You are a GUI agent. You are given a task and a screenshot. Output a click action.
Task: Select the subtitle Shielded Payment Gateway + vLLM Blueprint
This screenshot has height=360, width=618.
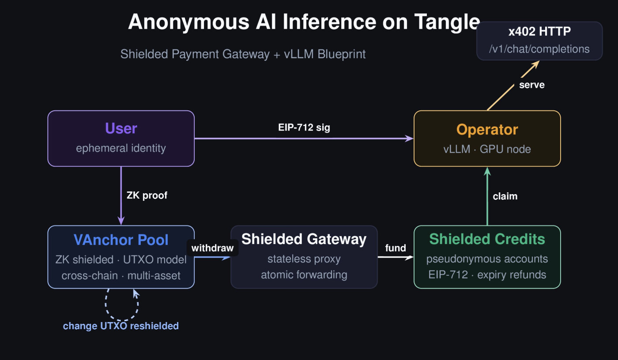tap(243, 54)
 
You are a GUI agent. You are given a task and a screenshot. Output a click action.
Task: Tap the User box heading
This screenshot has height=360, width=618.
tap(121, 128)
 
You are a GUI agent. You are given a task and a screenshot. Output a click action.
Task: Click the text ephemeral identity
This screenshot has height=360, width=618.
tap(121, 148)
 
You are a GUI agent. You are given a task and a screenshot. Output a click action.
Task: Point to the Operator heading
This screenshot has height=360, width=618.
tap(487, 130)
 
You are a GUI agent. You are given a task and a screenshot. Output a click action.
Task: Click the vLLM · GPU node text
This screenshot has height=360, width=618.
tap(487, 149)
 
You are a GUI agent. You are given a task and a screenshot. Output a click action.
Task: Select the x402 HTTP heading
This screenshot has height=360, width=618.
tap(539, 32)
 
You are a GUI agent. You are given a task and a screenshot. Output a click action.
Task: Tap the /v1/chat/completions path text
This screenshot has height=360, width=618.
tap(539, 49)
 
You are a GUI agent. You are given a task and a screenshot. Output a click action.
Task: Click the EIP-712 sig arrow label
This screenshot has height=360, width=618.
tap(304, 128)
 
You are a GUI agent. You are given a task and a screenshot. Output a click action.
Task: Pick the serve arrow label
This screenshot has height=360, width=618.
tap(531, 85)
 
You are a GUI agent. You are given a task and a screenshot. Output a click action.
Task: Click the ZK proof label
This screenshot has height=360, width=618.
tap(147, 195)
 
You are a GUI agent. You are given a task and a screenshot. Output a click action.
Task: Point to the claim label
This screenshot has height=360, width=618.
tap(505, 196)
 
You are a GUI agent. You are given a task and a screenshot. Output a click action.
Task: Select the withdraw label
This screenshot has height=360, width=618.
tap(212, 248)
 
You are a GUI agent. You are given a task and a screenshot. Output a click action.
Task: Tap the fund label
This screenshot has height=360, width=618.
tap(396, 248)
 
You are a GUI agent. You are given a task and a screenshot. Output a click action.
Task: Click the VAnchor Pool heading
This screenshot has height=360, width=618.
tap(121, 240)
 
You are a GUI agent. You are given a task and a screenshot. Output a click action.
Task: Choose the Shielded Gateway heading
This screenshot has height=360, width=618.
tap(304, 239)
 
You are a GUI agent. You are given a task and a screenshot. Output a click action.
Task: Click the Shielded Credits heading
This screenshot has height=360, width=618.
tap(487, 239)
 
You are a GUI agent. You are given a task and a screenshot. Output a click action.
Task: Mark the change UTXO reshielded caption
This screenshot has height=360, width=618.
tap(121, 326)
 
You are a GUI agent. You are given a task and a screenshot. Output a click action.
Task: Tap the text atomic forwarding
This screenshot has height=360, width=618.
tap(304, 275)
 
